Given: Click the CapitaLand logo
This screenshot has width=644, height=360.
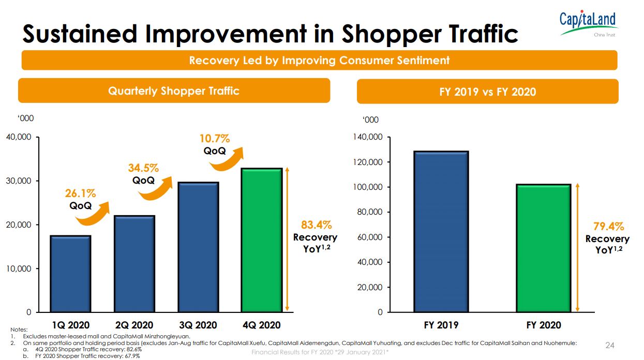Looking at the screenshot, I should [588, 23].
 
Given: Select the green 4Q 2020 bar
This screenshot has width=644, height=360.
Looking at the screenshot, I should [262, 240].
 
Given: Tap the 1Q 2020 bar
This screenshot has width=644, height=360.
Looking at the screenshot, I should [70, 274].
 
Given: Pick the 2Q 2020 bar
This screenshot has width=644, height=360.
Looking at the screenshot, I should [134, 264].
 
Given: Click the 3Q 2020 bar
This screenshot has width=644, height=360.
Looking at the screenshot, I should [198, 247].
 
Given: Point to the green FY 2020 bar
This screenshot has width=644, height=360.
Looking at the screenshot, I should [543, 248].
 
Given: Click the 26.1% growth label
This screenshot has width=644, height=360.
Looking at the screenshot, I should [80, 193].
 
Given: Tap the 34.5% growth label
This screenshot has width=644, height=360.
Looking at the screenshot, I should [143, 168].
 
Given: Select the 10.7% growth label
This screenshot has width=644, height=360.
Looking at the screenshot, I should [215, 139].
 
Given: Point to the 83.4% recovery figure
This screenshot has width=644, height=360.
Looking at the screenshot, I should [316, 225].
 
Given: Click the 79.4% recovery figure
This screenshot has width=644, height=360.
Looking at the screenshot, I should [608, 227].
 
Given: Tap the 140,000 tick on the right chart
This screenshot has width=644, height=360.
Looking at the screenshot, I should [368, 137].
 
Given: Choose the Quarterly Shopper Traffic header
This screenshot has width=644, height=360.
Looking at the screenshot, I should [174, 91].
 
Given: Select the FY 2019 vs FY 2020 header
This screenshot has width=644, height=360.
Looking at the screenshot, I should [487, 92].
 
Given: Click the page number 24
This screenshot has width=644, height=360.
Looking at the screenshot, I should [609, 345].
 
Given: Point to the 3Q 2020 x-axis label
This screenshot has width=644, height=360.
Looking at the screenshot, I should [198, 325].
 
